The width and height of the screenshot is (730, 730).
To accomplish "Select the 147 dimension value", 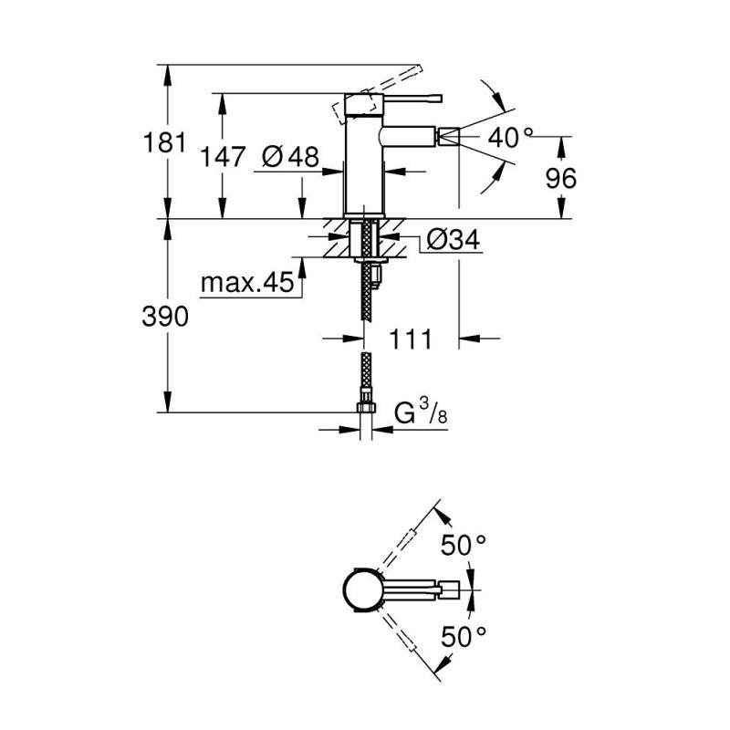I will (224, 157).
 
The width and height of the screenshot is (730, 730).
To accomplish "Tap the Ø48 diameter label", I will (289, 157).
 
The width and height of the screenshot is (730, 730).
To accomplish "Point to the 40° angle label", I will (510, 138).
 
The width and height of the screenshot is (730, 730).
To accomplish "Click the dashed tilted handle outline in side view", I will (351, 108).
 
